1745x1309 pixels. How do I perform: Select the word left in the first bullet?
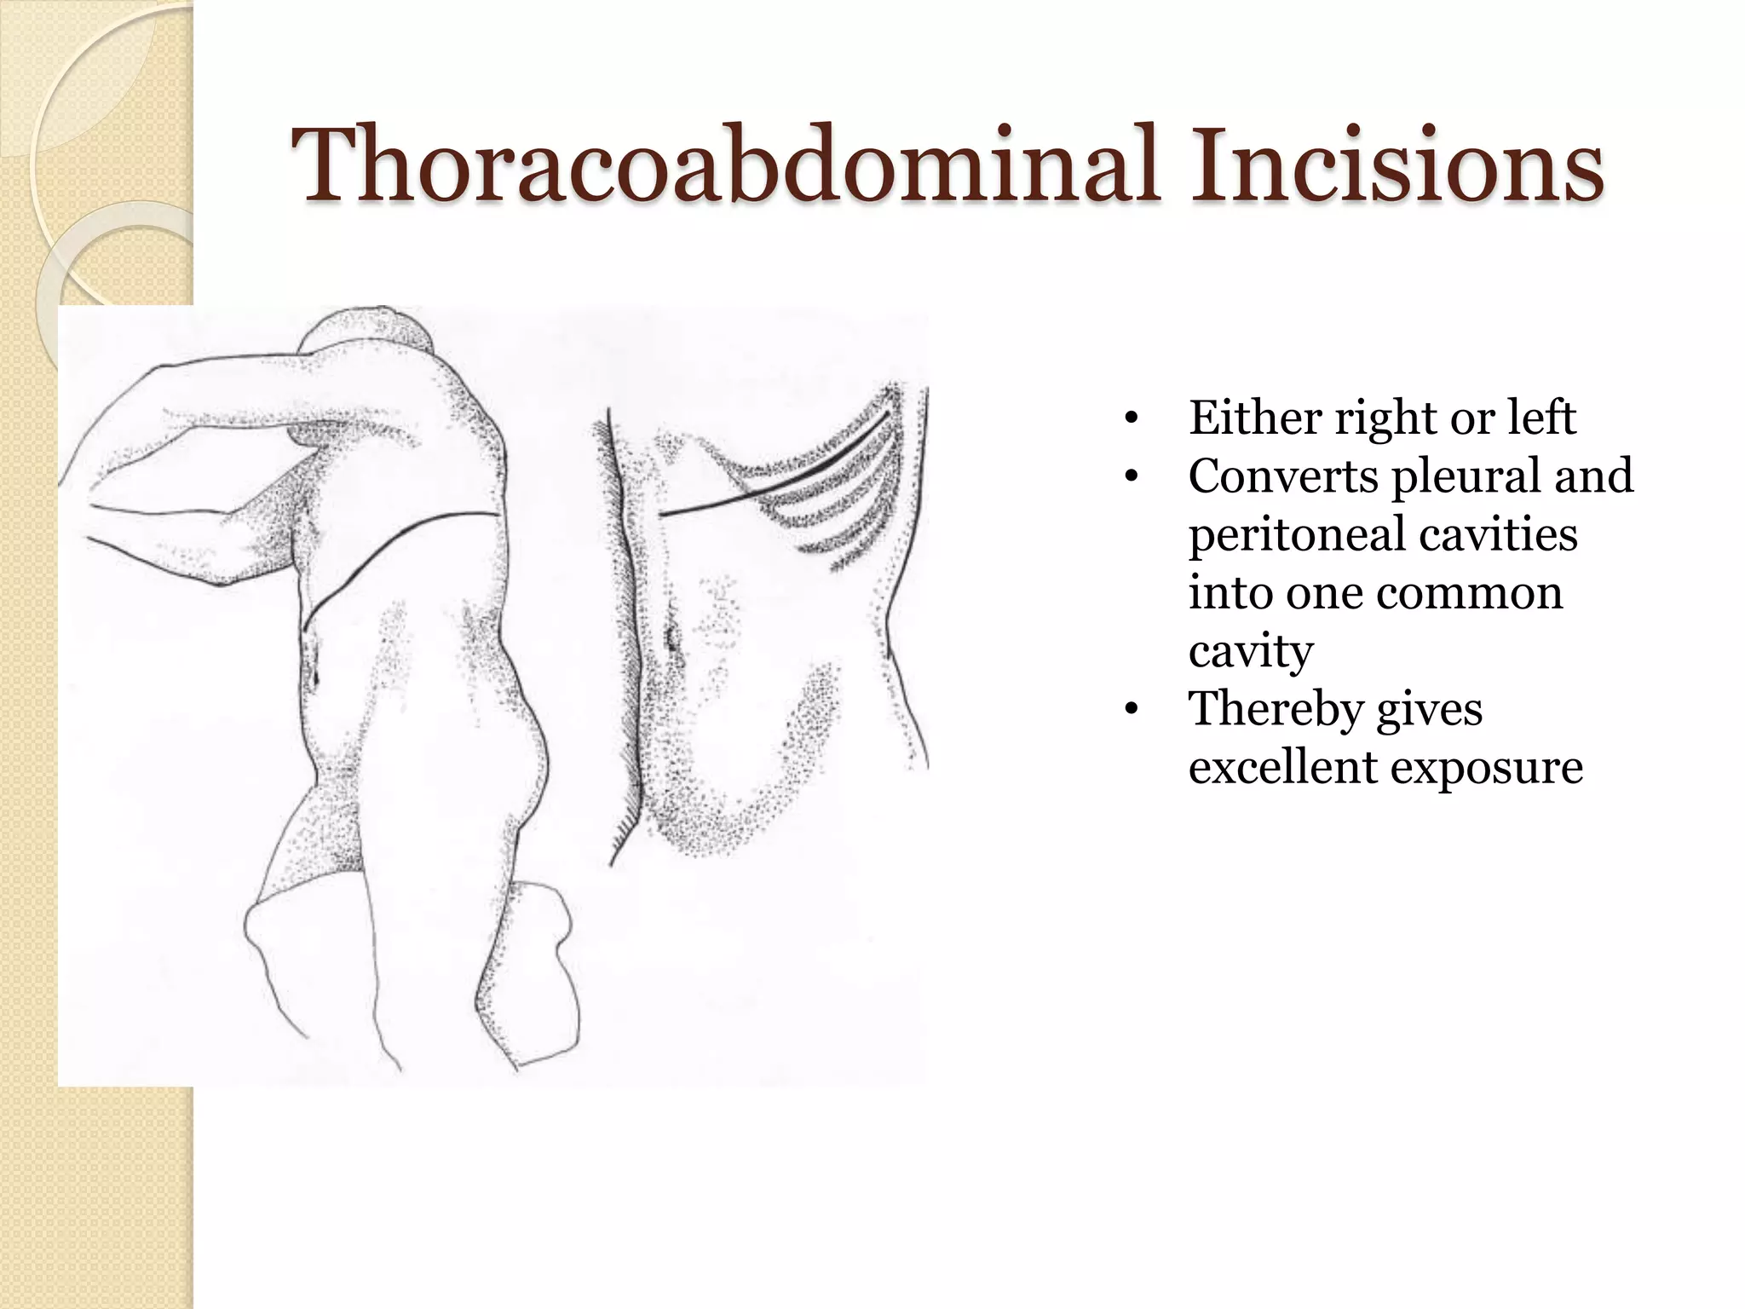tap(1541, 418)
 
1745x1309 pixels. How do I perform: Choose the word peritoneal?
tap(1296, 536)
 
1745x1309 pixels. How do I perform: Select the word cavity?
tap(1251, 652)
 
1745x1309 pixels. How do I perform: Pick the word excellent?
tap(1282, 766)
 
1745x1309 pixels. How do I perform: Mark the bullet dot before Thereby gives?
tap(1131, 710)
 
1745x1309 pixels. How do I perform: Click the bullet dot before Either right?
tap(1131, 418)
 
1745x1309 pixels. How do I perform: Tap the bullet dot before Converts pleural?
tap(1131, 476)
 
